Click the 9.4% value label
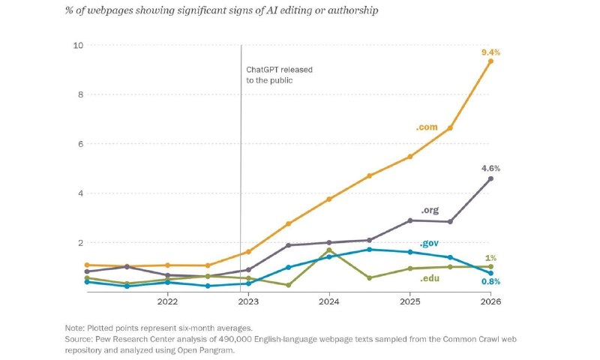(490, 52)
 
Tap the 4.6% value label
(490, 168)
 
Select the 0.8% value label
(490, 281)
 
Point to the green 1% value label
(490, 258)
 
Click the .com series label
(427, 127)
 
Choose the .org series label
(430, 210)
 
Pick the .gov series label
(429, 243)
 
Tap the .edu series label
(429, 278)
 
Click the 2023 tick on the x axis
(248, 301)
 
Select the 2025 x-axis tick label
(409, 301)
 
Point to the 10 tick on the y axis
(78, 45)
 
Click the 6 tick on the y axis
(80, 144)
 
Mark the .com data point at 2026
(490, 61)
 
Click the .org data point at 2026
(490, 178)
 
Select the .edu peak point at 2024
(329, 250)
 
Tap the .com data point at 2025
(409, 157)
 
